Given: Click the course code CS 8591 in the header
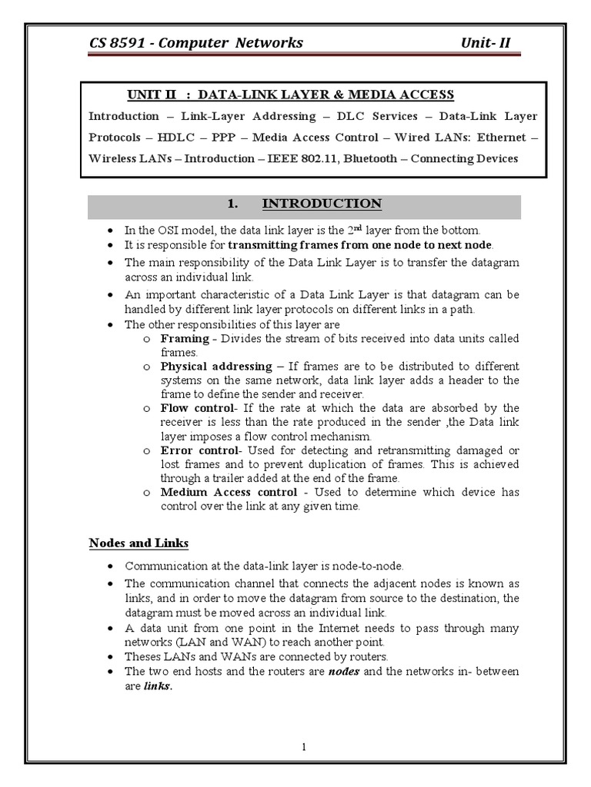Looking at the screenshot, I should point(116,42).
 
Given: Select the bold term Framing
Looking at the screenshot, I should point(184,338).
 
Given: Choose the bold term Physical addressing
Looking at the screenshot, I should point(215,366).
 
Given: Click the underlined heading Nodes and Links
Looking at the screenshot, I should point(139,543).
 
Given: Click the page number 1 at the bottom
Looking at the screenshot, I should point(304,747).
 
